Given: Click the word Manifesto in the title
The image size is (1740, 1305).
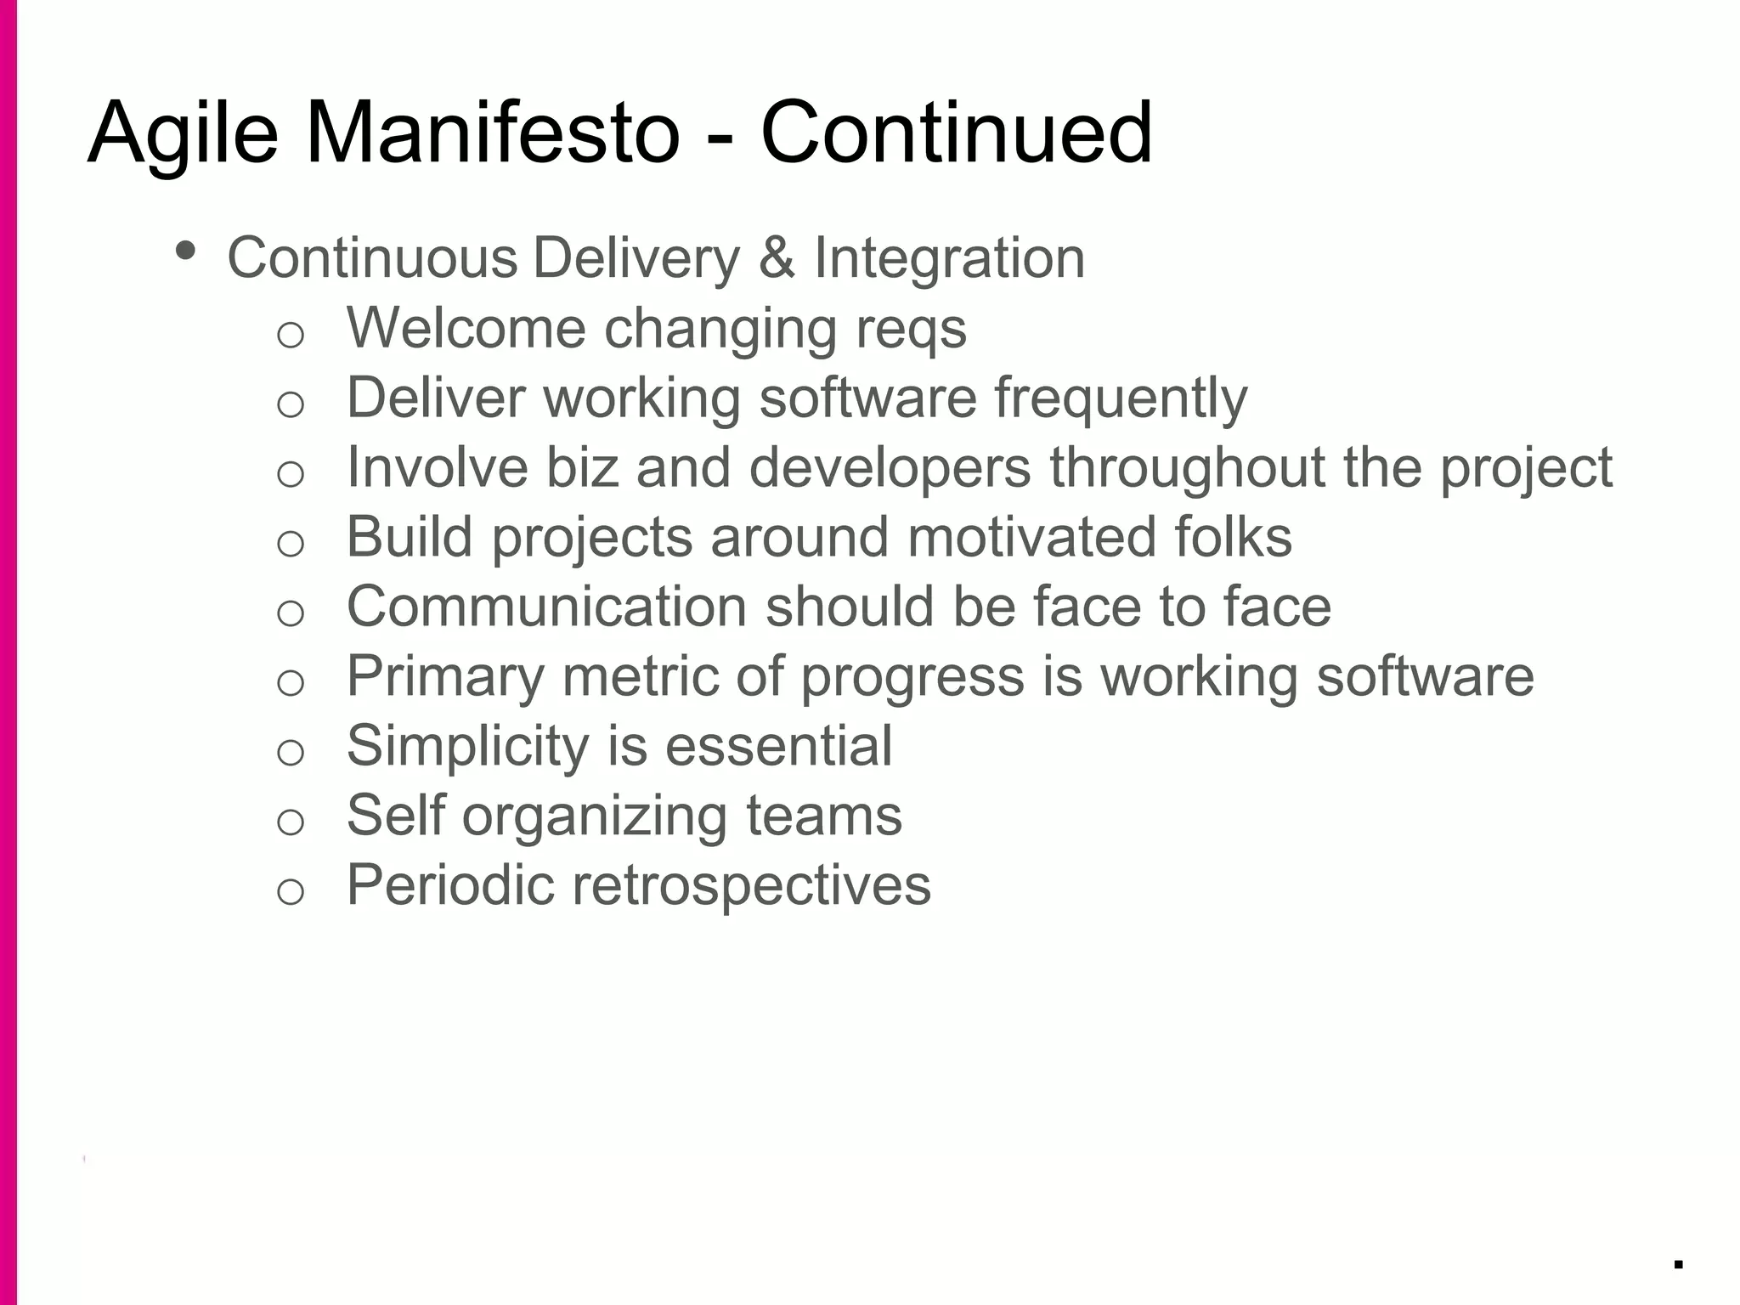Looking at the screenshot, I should point(492,133).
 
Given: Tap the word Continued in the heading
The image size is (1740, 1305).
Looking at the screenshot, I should point(956,133).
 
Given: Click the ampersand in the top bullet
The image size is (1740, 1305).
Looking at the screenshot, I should point(777,257).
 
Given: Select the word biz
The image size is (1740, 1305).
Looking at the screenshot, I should point(581,466).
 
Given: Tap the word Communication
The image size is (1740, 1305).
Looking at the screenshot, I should point(546,607).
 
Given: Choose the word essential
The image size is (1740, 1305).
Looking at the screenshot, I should point(778,746).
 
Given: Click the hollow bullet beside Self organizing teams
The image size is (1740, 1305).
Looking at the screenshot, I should point(291,822).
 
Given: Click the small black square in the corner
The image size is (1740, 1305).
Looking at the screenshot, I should point(1678,1263).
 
